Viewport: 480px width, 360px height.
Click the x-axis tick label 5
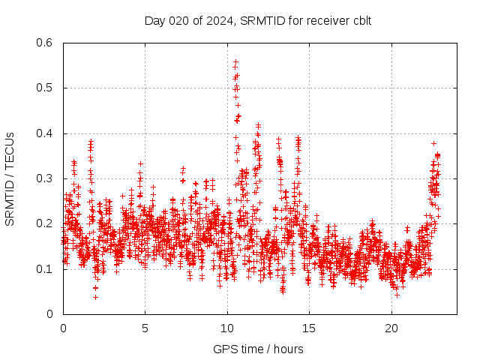(x=145, y=328)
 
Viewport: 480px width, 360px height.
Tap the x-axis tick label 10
(x=227, y=328)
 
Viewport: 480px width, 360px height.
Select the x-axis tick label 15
(x=309, y=328)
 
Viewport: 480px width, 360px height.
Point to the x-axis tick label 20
(x=391, y=328)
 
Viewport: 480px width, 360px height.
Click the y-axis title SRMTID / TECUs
(x=10, y=178)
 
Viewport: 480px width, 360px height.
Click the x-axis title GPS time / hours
(x=258, y=349)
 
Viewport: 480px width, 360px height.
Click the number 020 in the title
(x=178, y=20)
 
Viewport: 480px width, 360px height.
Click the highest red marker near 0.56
(x=235, y=61)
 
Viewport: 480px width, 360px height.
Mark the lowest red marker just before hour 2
(x=95, y=297)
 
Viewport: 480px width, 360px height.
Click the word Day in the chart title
(x=154, y=20)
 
